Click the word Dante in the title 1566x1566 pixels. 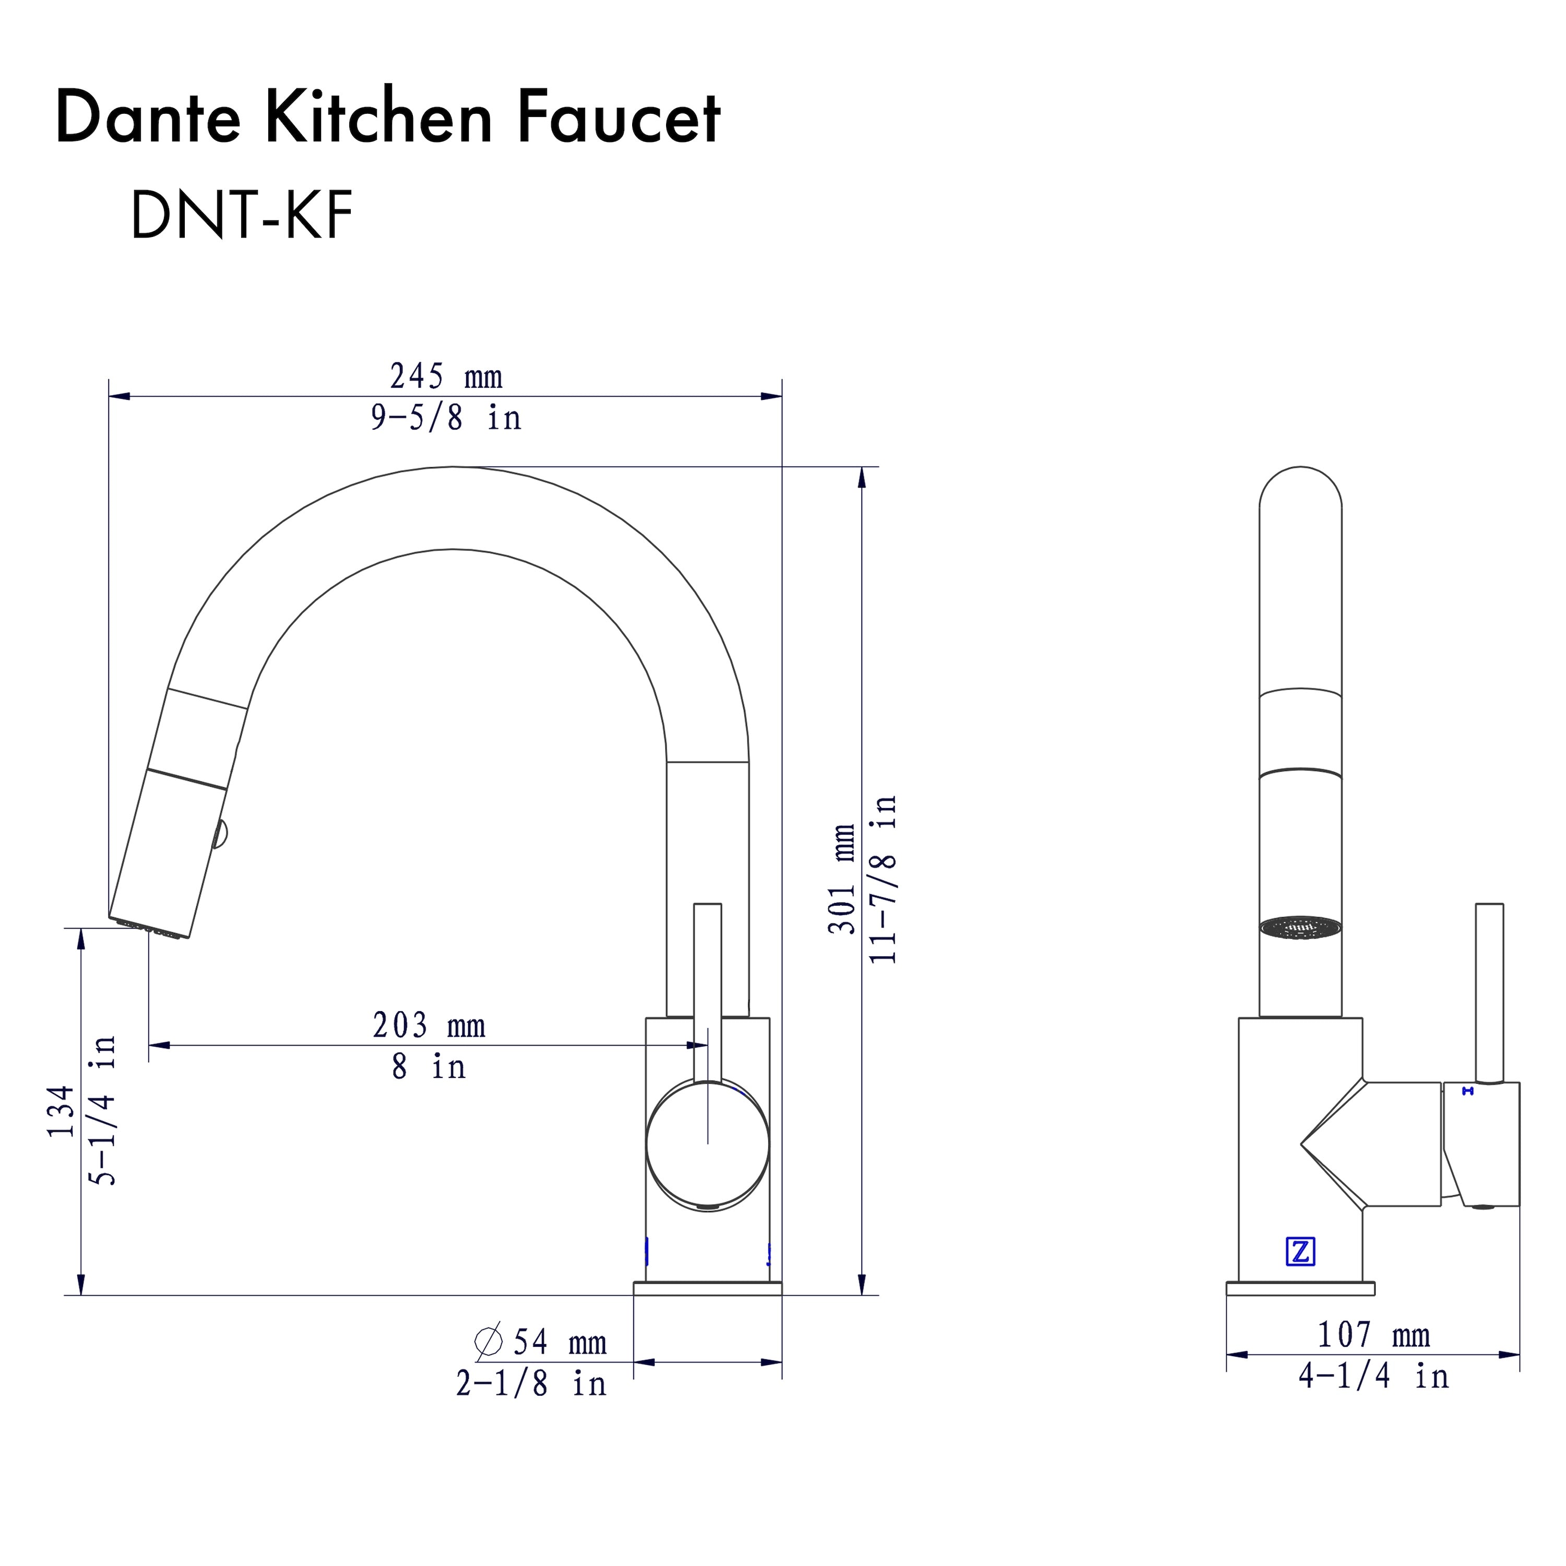click(x=148, y=119)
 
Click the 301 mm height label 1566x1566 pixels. click(x=843, y=879)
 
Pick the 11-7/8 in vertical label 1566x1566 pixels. click(x=884, y=879)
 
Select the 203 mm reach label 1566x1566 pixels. click(x=429, y=1026)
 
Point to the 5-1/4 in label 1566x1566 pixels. click(x=104, y=1111)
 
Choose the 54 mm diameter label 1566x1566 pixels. click(x=559, y=1342)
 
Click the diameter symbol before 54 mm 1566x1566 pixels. click(x=489, y=1342)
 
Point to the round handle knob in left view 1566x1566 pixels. click(x=708, y=1144)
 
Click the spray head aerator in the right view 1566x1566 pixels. click(x=1300, y=929)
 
